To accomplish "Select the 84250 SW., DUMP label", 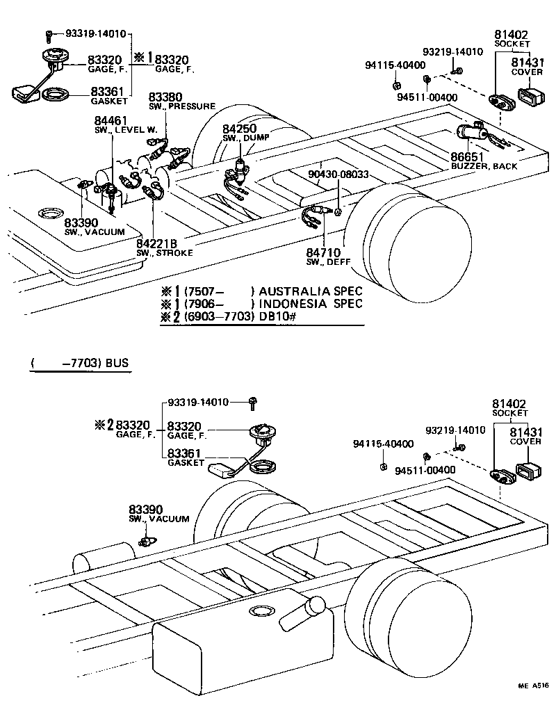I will (x=241, y=133).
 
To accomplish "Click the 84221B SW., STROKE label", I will (x=161, y=246).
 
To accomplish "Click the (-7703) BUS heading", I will (x=80, y=363).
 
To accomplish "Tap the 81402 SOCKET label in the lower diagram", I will (x=510, y=407).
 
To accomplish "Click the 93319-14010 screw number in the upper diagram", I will (x=96, y=33).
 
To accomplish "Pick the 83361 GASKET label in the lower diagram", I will (x=185, y=457).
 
